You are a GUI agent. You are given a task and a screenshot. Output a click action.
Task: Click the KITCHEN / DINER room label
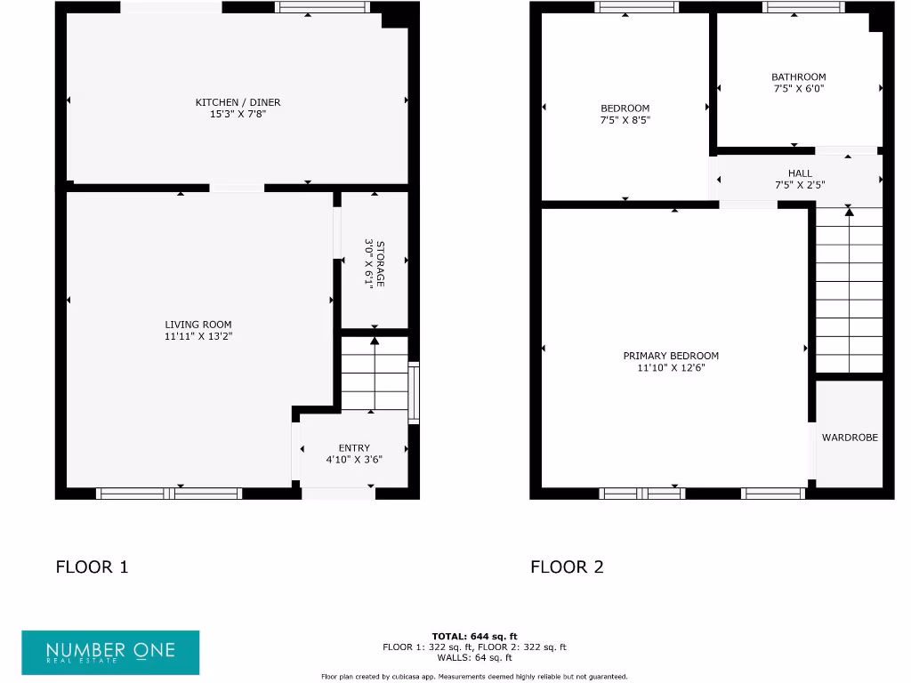point(238,103)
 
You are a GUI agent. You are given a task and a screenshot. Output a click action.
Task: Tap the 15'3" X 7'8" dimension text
point(238,115)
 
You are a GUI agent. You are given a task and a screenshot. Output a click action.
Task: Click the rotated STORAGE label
point(381,263)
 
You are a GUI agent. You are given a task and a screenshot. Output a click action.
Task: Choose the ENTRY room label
point(354,448)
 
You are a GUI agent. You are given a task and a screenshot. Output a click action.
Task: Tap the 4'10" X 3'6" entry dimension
point(354,460)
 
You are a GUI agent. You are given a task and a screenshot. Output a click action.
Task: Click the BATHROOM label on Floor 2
point(799,77)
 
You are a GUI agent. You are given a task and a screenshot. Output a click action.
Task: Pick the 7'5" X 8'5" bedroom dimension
point(625,120)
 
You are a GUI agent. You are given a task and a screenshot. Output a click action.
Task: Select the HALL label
point(800,173)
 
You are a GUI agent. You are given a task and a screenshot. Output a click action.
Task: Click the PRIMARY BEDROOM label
point(671,356)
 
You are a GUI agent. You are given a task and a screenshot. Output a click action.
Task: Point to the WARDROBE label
point(850,438)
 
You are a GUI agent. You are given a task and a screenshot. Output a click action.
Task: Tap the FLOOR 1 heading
point(93,566)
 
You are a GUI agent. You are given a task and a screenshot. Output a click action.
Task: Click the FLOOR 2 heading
point(568,566)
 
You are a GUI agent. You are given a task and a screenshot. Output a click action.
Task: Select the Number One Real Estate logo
point(110,652)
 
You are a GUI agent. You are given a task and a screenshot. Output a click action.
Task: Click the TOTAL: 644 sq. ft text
point(474,636)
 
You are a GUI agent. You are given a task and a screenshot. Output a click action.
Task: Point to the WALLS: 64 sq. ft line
point(474,658)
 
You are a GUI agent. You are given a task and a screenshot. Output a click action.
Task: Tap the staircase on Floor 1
point(375,374)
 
